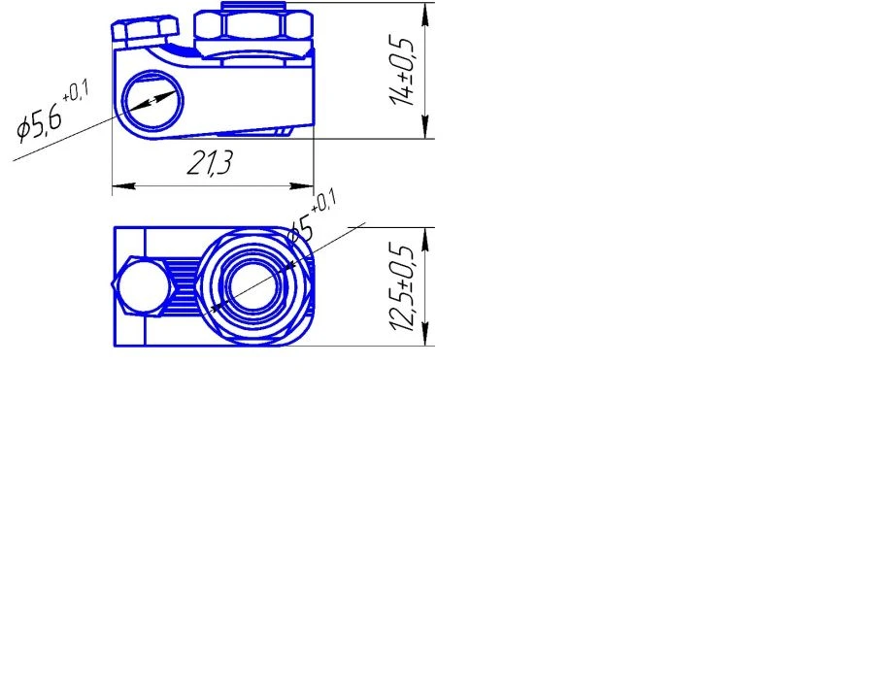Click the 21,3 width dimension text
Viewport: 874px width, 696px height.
210,164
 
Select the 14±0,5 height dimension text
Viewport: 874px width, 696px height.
402,72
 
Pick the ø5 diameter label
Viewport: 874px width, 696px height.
301,231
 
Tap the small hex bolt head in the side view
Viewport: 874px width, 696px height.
144,31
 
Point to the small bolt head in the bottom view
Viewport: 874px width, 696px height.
139,285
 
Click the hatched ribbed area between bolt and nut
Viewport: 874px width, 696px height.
182,285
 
